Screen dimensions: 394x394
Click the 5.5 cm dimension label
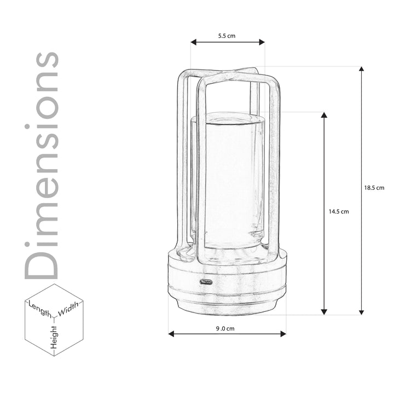[227, 36]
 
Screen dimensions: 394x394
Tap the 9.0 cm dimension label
[225, 328]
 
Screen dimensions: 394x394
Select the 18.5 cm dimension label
[374, 188]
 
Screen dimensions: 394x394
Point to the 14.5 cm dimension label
[339, 212]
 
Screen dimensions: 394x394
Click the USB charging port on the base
[206, 282]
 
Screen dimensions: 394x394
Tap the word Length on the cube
[40, 309]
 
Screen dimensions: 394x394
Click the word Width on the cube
[68, 309]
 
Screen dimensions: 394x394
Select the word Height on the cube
[54, 337]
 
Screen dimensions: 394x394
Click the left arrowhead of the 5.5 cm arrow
[194, 42]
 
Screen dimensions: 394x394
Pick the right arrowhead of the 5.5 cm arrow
[262, 42]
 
